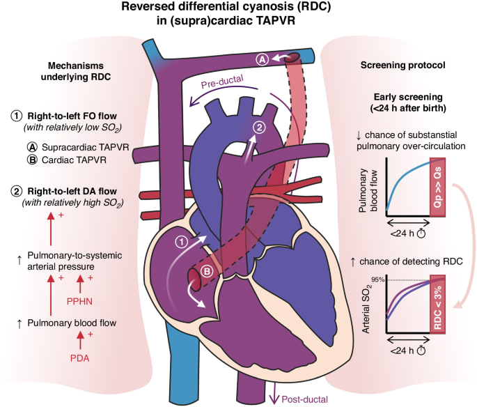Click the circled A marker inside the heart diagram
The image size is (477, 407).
click(263, 60)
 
